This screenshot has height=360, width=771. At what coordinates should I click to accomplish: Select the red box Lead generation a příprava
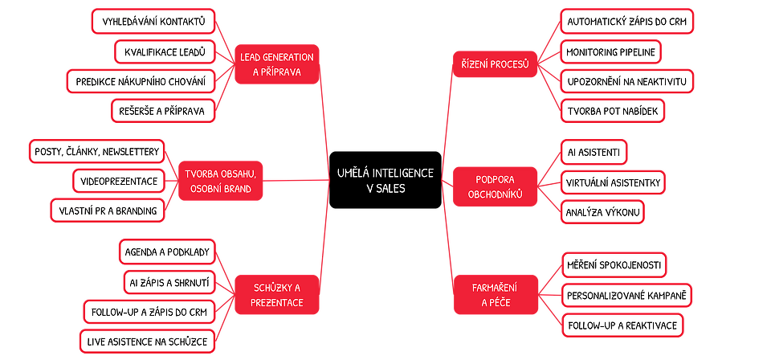[276, 63]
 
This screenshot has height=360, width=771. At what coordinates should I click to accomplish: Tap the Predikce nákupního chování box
[141, 81]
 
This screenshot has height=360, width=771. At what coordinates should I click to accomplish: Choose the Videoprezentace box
[119, 180]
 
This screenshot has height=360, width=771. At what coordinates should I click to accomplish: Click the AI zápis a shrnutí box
[169, 281]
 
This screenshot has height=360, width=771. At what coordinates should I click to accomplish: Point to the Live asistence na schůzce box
[147, 342]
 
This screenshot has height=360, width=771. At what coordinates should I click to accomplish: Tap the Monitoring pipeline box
[610, 52]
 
